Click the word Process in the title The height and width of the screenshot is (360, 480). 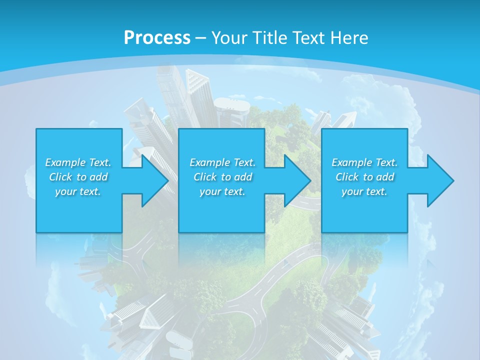tap(157, 37)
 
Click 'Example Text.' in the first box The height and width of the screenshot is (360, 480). tap(78, 162)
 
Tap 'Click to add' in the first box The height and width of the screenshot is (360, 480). tap(78, 177)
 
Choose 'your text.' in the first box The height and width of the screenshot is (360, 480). tap(78, 191)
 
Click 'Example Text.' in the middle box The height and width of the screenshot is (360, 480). tap(222, 162)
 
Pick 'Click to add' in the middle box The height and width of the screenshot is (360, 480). tap(222, 177)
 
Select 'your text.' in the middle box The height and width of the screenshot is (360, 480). tap(222, 191)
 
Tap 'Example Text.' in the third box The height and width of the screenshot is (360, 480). tap(364, 162)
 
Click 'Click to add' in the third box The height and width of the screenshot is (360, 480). tap(364, 177)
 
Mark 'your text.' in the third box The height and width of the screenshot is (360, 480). tap(364, 191)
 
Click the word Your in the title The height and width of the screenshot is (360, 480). tap(228, 37)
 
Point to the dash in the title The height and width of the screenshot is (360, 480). tap(200, 38)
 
